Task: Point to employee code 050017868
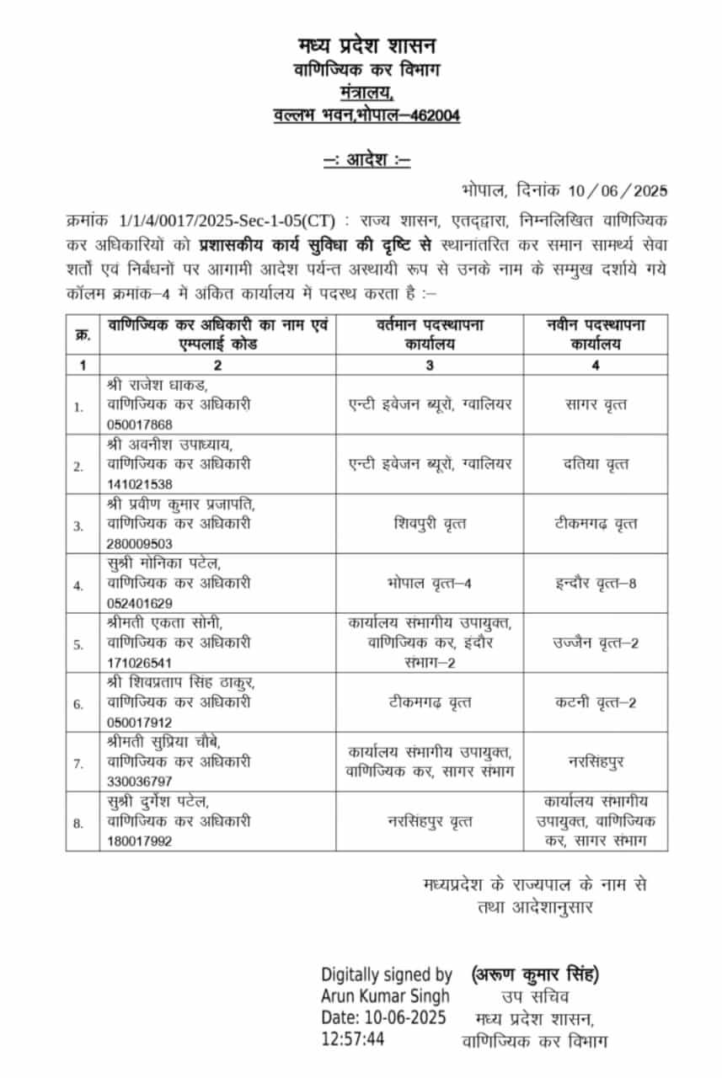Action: pos(140,424)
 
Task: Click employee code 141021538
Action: pos(140,483)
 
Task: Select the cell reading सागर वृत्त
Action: pos(595,404)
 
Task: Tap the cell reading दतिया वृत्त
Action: pos(595,464)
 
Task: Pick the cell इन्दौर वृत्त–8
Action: pos(595,583)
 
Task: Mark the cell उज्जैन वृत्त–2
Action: pos(595,643)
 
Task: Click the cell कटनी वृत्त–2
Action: pos(595,702)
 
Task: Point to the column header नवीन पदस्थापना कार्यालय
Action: pos(595,334)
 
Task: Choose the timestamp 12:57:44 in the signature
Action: pos(352,1039)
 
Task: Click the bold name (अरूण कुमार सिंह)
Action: pos(536,975)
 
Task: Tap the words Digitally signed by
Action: pos(386,975)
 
